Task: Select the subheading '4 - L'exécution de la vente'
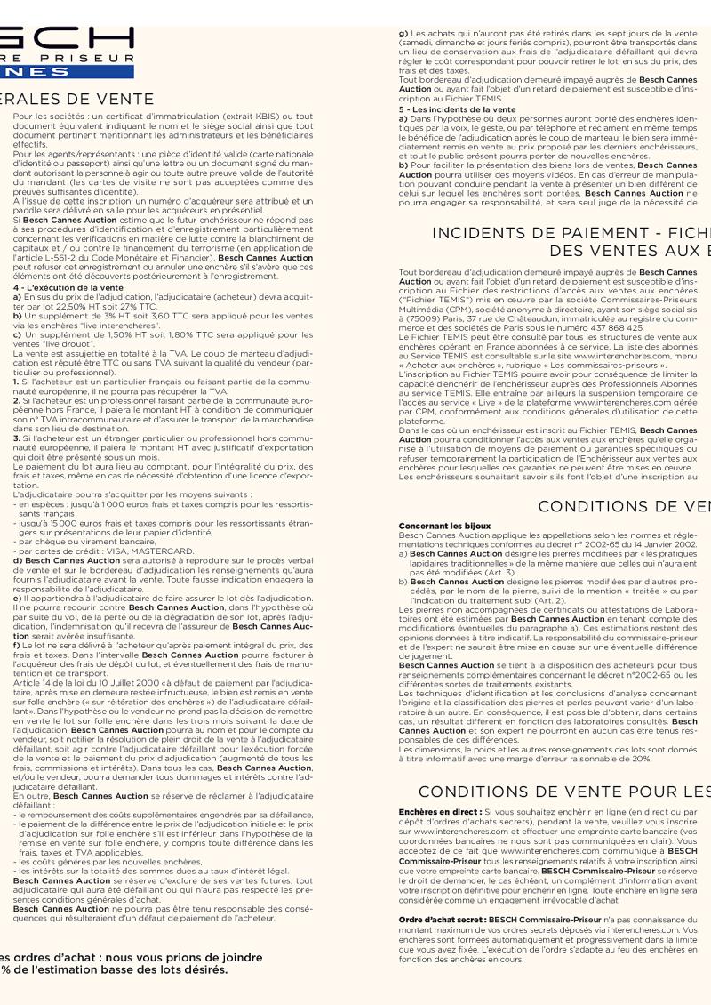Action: point(68,288)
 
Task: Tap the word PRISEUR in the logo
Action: point(87,55)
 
